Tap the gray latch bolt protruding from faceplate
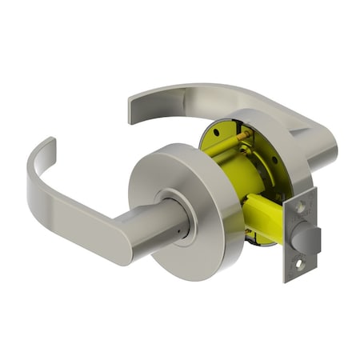307,237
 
